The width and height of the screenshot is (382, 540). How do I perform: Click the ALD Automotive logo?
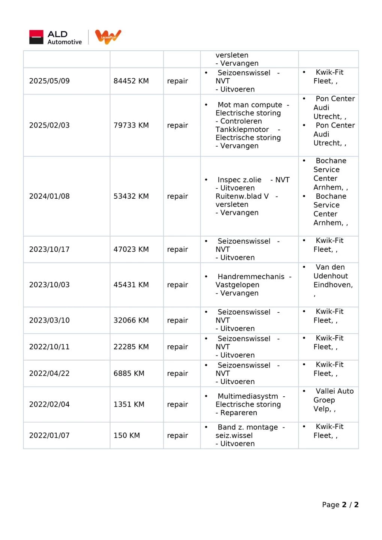pos(56,37)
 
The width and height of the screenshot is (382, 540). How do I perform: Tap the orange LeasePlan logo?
pos(108,37)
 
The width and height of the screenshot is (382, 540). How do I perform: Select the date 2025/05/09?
pos(49,81)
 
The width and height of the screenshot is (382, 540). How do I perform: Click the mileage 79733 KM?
pos(131,125)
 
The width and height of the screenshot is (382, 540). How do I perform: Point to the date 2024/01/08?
pos(49,196)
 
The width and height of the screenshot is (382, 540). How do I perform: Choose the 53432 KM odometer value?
pos(131,196)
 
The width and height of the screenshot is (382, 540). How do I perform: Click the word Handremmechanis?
pos(251,277)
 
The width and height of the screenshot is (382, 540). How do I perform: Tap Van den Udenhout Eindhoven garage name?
pos(332,276)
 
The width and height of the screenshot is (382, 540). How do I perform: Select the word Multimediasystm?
pos(248,396)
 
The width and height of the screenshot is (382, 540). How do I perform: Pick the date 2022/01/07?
pos(49,435)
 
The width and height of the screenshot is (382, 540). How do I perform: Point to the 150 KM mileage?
pos(126,435)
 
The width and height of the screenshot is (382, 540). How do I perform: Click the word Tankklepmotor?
pos(242,129)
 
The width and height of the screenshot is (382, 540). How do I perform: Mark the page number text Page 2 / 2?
pos(340,505)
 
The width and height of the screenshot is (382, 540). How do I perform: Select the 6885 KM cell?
pos(129,373)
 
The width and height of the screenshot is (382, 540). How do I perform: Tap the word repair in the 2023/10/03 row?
pos(177,285)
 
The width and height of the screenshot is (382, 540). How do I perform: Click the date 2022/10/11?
pos(49,347)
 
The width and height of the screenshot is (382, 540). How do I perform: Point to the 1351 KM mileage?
pos(129,404)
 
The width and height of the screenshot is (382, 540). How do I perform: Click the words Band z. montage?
pos(248,427)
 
